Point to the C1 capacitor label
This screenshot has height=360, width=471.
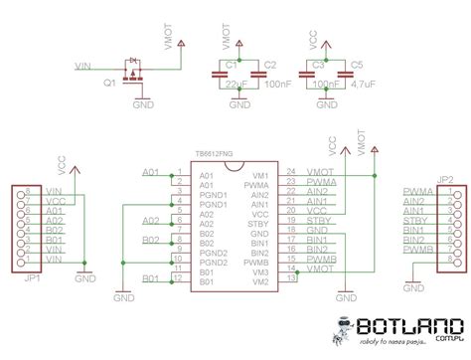coord(230,64)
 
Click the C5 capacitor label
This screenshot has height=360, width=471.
coord(358,64)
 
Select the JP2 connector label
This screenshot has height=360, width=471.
coord(444,179)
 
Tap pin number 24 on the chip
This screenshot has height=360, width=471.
coord(291,171)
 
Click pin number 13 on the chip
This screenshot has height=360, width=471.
coord(291,279)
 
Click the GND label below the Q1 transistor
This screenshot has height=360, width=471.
coord(143,103)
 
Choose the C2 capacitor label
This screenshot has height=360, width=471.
coord(269,64)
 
